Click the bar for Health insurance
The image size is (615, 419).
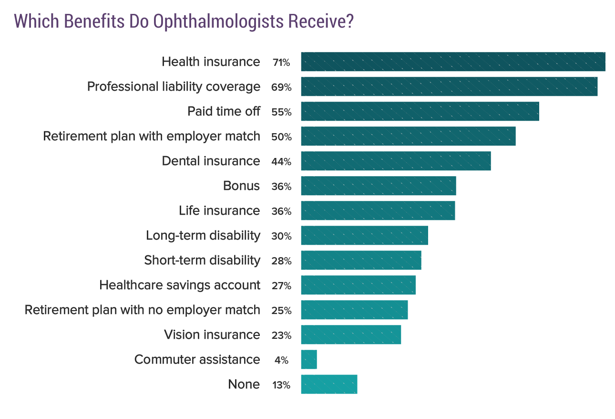click(453, 62)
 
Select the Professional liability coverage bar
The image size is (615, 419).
click(449, 86)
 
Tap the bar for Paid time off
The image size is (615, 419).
click(420, 111)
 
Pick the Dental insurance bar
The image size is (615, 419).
click(396, 161)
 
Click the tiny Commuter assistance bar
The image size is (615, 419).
click(309, 359)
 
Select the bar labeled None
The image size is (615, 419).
click(329, 384)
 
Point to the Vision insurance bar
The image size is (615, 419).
click(351, 335)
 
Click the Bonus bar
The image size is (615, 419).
click(379, 186)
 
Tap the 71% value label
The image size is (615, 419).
click(281, 63)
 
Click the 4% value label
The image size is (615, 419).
click(281, 360)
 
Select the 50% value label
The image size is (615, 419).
click(281, 137)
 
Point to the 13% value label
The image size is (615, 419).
click(281, 385)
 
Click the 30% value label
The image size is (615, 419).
click(281, 236)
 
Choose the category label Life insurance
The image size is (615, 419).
click(219, 210)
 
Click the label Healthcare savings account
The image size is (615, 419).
click(180, 285)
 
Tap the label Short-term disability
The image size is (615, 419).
click(202, 260)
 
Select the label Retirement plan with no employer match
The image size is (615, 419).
click(142, 310)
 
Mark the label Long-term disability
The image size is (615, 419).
click(203, 235)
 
